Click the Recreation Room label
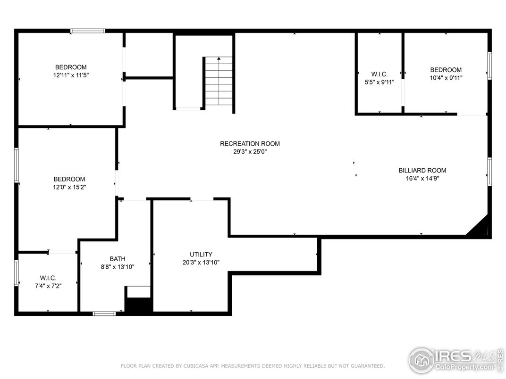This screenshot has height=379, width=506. pyautogui.click(x=250, y=144)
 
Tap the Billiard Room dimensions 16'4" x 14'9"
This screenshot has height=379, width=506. pyautogui.click(x=422, y=179)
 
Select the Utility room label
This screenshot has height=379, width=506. pyautogui.click(x=201, y=254)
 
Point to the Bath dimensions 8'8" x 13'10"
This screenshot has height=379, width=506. pyautogui.click(x=118, y=267)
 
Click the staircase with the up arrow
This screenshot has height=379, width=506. pyautogui.click(x=219, y=81)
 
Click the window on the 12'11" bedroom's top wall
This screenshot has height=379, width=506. pyautogui.click(x=88, y=31)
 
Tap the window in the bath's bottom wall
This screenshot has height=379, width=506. pyautogui.click(x=104, y=313)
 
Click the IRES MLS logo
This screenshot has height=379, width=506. pyautogui.click(x=456, y=360)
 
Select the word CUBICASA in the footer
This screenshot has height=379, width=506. pyautogui.click(x=197, y=366)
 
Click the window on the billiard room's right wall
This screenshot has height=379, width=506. pyautogui.click(x=489, y=172)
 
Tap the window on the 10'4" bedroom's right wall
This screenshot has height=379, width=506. pyautogui.click(x=489, y=66)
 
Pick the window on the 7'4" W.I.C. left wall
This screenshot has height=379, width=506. pyautogui.click(x=17, y=273)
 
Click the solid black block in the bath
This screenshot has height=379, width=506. pyautogui.click(x=138, y=305)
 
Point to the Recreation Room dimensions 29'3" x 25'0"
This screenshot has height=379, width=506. pyautogui.click(x=250, y=151)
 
